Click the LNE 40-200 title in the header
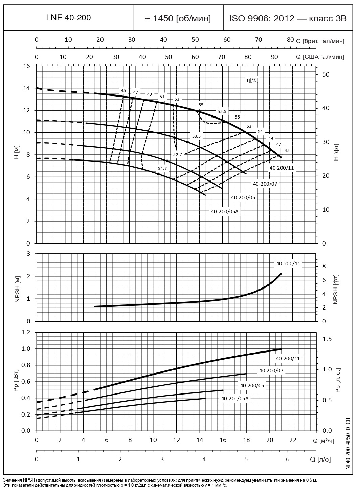pyautogui.click(x=68, y=18)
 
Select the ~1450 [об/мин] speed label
pyautogui.click(x=178, y=19)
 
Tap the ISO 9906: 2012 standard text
pyautogui.click(x=288, y=19)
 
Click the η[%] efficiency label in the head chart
pyautogui.click(x=252, y=80)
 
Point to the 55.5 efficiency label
pyautogui.click(x=222, y=111)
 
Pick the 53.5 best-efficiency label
pyautogui.click(x=196, y=136)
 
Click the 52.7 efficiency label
pyautogui.click(x=178, y=154)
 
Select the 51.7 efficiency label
pyautogui.click(x=162, y=168)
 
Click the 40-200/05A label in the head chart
pyautogui.click(x=222, y=211)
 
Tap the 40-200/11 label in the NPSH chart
pyautogui.click(x=288, y=264)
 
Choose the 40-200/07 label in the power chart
pyautogui.click(x=271, y=371)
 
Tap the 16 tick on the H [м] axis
pyautogui.click(x=26, y=66)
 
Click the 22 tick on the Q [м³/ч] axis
pyautogui.click(x=293, y=440)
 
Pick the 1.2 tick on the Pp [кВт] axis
pyautogui.click(x=26, y=332)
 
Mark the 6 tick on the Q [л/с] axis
pyautogui.click(x=288, y=459)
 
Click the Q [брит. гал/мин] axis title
pyautogui.click(x=320, y=41)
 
